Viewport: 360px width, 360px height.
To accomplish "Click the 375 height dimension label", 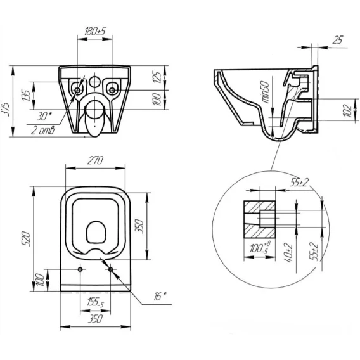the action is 5,109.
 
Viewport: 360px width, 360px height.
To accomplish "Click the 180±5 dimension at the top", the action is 95,31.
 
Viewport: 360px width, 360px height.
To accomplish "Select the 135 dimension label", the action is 26,96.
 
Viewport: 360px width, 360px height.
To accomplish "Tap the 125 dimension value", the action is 157,77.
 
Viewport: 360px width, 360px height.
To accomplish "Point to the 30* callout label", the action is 44,117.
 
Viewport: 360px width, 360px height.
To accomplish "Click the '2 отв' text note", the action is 43,131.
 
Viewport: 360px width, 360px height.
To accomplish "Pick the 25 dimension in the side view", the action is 337,40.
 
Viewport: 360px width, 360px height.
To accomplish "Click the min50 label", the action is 265,92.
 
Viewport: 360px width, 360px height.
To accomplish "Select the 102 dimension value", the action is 348,110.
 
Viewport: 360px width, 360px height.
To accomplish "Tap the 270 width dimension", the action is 95,160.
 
